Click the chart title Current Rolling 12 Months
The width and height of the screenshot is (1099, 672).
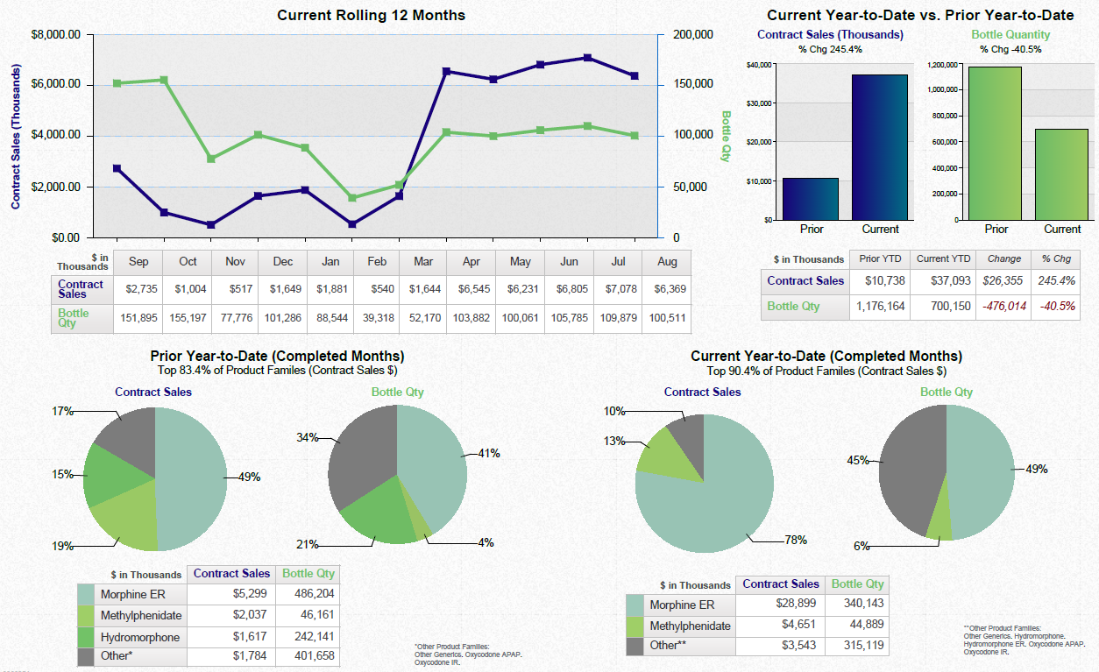click(371, 16)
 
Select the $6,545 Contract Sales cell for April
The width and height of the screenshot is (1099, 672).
click(471, 289)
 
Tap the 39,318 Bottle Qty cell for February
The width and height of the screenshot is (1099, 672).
click(376, 318)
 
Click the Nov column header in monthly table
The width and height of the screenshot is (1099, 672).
click(235, 261)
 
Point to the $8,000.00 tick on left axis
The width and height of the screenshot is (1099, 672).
click(56, 34)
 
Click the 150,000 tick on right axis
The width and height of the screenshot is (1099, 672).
click(692, 84)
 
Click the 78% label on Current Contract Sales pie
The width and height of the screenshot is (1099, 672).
click(796, 541)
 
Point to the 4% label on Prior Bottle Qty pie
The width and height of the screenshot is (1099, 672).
click(486, 543)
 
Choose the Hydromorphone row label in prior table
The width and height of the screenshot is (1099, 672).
click(139, 637)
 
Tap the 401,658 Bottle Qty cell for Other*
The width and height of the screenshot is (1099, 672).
click(307, 656)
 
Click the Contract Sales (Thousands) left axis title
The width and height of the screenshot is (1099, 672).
click(16, 136)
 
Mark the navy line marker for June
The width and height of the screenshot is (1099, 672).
click(586, 58)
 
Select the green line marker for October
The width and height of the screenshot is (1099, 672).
click(164, 80)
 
